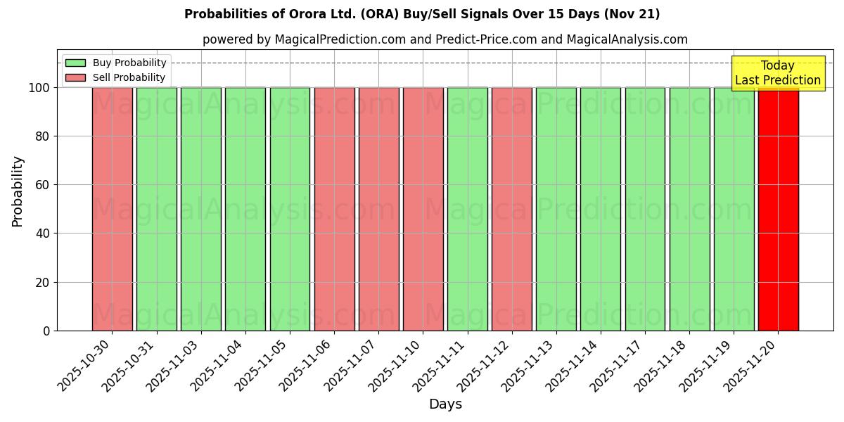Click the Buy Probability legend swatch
tap(75, 63)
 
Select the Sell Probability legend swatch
tap(75, 78)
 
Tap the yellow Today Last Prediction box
tap(778, 73)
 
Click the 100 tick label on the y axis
tap(39, 88)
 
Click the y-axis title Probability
tap(18, 191)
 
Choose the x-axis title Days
tap(445, 404)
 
